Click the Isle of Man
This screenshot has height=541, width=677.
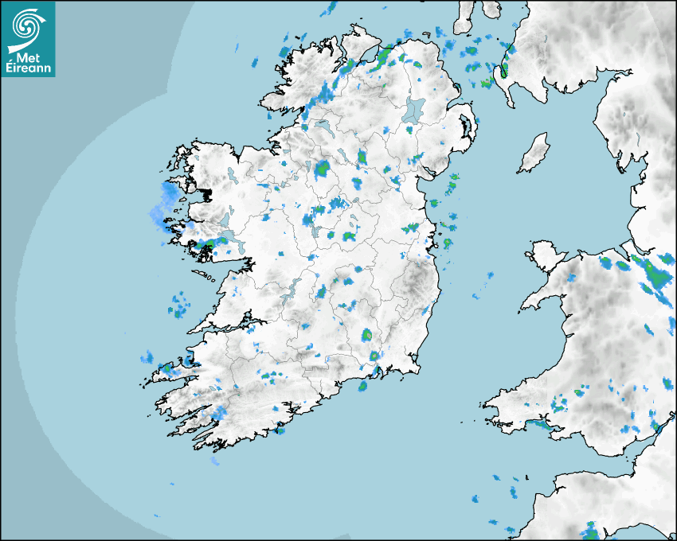(x=534, y=154)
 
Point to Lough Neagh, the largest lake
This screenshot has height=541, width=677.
(x=415, y=110)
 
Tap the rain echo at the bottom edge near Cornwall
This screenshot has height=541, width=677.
(x=590, y=530)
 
